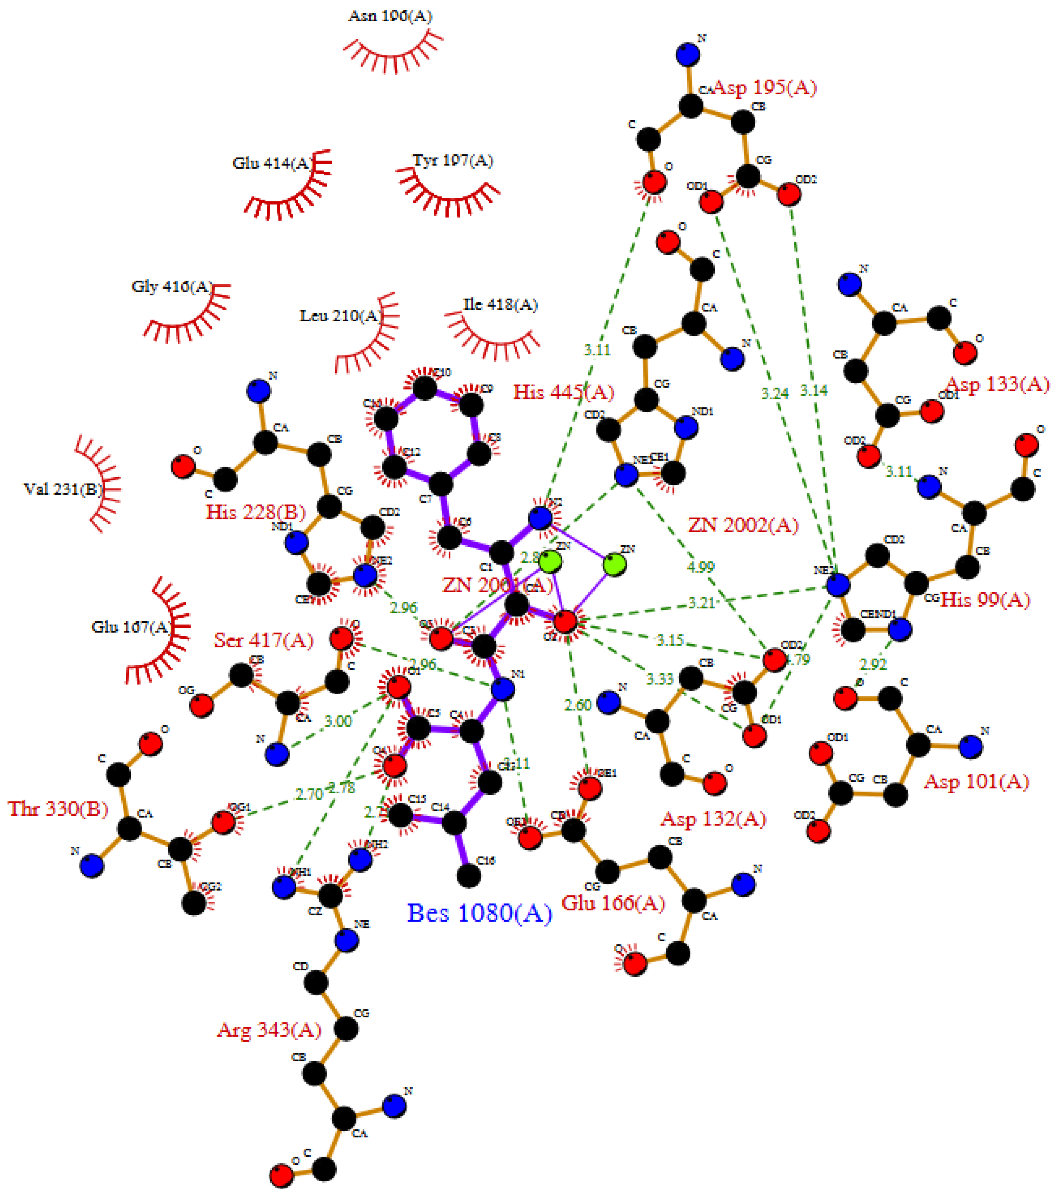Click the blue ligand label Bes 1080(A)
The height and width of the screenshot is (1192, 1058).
[x=479, y=913]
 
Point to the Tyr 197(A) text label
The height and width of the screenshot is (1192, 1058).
[x=452, y=160]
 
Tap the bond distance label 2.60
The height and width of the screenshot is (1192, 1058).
[x=578, y=705]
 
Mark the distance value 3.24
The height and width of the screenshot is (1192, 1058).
[x=774, y=394]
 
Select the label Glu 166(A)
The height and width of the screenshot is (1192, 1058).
[x=613, y=903]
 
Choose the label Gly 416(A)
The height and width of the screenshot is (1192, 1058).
[x=171, y=286]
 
